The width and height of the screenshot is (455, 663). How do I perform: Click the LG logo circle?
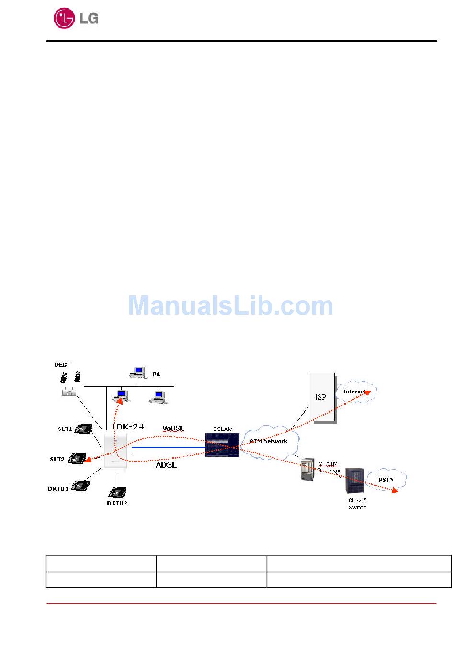(x=64, y=19)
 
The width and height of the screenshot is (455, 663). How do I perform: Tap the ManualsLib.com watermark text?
(x=230, y=306)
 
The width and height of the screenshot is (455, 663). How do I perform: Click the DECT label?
(x=62, y=365)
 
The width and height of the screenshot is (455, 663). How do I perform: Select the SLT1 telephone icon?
(x=83, y=428)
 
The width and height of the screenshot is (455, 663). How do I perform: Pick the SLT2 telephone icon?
(x=77, y=459)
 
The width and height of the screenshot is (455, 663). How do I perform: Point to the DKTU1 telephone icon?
(x=80, y=486)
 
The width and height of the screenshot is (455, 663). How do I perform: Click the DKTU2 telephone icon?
(x=117, y=492)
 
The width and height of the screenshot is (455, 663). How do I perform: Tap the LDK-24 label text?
(x=128, y=427)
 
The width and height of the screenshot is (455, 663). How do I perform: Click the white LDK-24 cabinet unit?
(x=115, y=452)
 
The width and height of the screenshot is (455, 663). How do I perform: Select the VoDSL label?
(x=172, y=428)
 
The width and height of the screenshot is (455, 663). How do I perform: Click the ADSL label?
(x=166, y=465)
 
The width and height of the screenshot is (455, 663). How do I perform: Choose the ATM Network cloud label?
(x=268, y=441)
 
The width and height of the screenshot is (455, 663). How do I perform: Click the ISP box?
(x=322, y=397)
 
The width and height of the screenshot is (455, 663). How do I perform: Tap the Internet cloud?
(x=356, y=392)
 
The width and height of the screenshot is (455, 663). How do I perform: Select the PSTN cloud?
(x=386, y=480)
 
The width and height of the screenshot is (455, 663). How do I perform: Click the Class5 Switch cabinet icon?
(x=354, y=481)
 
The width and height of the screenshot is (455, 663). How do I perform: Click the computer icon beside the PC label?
(x=138, y=372)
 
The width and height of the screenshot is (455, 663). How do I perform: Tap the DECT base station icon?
(x=68, y=392)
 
